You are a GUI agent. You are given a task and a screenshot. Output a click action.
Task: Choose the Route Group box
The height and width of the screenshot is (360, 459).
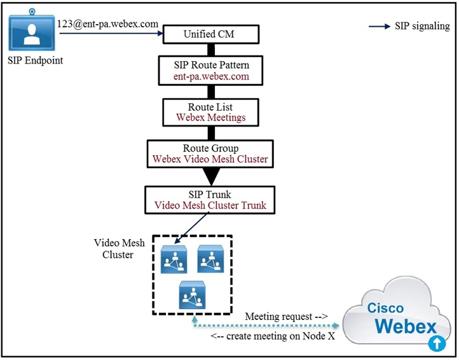click(210, 153)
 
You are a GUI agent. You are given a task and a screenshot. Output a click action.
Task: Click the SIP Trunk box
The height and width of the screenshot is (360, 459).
click(210, 199)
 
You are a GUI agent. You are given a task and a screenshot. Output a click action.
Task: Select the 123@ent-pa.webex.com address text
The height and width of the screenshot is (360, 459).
click(109, 24)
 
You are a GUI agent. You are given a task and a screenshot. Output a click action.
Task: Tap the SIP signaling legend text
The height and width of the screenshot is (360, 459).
click(422, 26)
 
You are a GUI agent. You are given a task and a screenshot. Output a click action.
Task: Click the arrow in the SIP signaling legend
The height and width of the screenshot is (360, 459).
click(380, 26)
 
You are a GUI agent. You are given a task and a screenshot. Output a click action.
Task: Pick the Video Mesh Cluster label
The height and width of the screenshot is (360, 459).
click(120, 249)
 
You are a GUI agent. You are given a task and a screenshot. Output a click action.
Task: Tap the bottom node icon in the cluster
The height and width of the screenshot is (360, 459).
click(191, 293)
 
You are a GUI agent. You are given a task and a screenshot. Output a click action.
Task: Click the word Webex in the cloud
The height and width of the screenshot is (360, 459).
click(405, 327)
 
